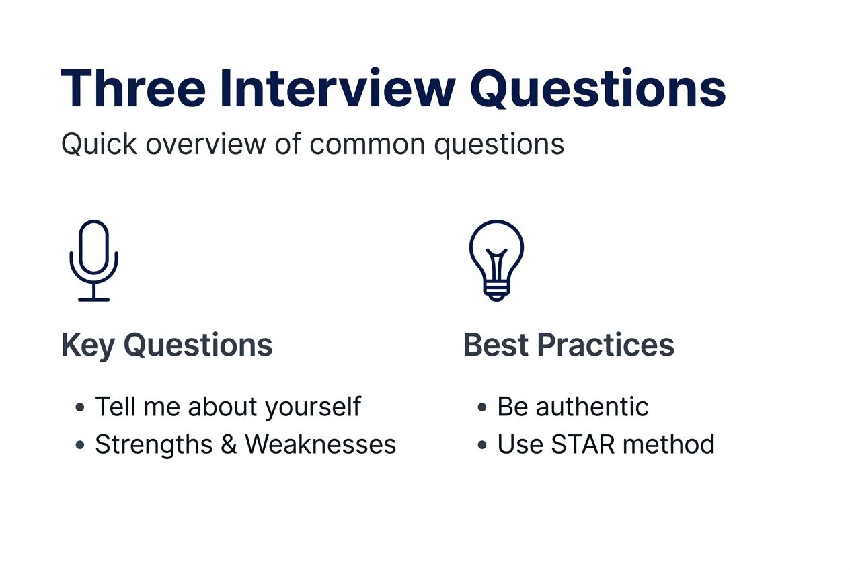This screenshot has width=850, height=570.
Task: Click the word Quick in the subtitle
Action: coord(98,145)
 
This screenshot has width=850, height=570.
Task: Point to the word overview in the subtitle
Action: coord(210,145)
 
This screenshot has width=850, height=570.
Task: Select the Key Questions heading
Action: coord(167,345)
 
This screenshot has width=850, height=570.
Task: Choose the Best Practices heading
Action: coord(568,345)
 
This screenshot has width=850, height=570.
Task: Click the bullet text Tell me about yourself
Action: coord(227,407)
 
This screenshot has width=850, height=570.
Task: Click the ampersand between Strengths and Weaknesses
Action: coord(229,444)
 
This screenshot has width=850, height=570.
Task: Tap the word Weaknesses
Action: coord(320,444)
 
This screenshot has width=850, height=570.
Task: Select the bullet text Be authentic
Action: coord(572,407)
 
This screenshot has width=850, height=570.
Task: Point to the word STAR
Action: coord(582,444)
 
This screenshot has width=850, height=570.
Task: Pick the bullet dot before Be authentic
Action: coord(481,407)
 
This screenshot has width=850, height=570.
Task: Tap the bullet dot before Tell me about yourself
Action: coord(80,407)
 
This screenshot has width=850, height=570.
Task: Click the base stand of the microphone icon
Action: coord(93,298)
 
